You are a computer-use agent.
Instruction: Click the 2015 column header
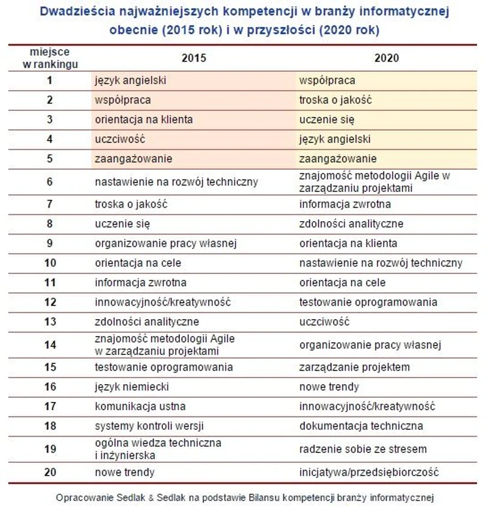[194, 58]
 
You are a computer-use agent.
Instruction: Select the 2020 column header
[387, 58]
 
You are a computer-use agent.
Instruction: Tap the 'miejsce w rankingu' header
[49, 58]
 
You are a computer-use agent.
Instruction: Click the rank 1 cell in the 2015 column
[131, 80]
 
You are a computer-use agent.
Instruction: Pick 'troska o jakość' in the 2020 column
[335, 100]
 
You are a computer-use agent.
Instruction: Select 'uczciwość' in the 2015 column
[120, 139]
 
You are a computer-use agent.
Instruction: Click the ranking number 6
[49, 181]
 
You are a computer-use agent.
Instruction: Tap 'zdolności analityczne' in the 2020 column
[351, 224]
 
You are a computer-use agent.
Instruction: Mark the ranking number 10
[49, 263]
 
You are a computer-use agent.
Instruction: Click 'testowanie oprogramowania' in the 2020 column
[368, 302]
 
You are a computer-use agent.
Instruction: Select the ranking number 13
[49, 322]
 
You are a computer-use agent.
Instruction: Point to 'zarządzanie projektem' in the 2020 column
[354, 367]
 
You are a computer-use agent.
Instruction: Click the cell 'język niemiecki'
[132, 387]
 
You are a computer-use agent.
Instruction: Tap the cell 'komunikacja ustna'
[140, 406]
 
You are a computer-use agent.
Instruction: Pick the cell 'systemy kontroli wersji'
[148, 426]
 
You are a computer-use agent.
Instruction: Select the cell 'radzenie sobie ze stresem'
[363, 449]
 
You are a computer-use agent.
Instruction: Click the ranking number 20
[49, 473]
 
